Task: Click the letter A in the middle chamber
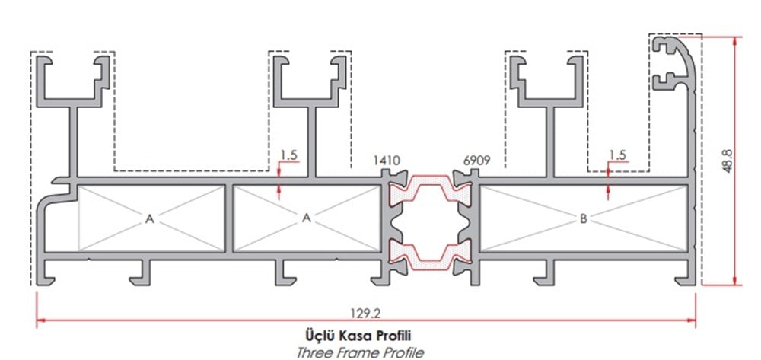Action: tap(307, 218)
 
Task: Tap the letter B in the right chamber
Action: tap(583, 219)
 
